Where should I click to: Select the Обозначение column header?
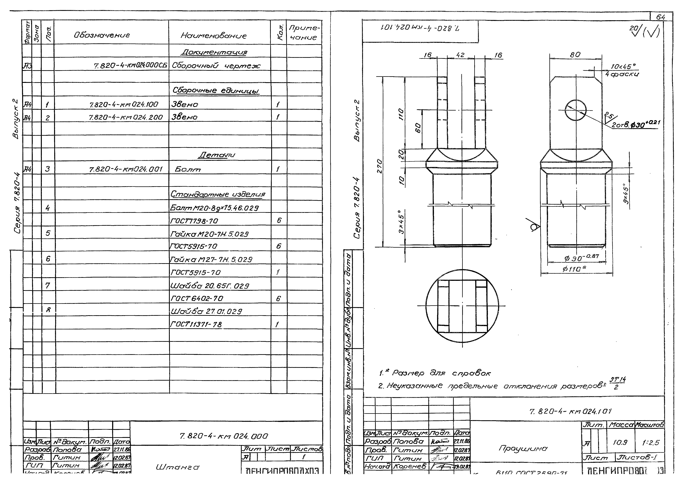click(x=102, y=35)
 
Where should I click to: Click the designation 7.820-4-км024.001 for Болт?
click(x=126, y=169)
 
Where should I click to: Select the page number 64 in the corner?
click(x=660, y=17)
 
